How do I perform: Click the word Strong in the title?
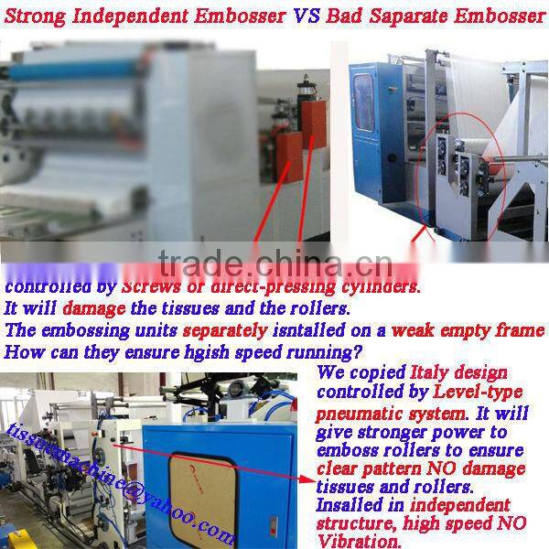click(x=37, y=16)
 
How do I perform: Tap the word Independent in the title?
click(x=137, y=16)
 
